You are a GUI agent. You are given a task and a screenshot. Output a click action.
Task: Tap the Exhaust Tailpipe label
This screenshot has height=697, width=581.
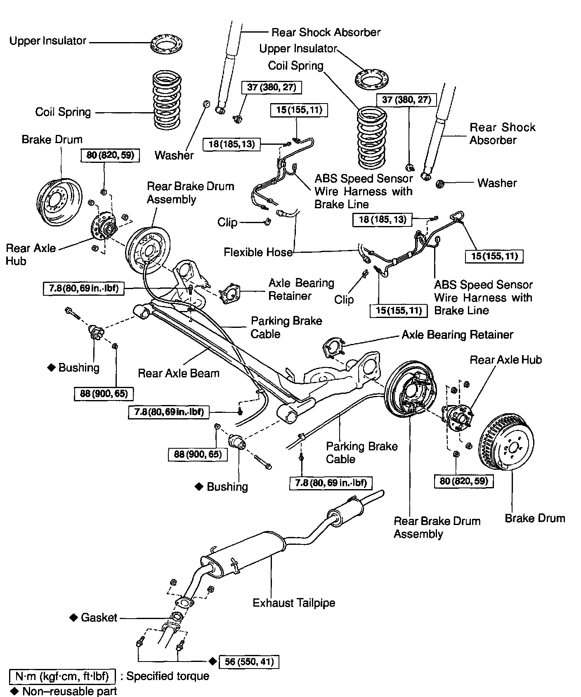[x=294, y=603]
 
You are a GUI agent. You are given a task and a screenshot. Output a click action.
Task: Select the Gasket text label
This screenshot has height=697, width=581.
[x=99, y=617]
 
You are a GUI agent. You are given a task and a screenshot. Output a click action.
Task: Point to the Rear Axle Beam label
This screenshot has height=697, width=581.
[x=178, y=373]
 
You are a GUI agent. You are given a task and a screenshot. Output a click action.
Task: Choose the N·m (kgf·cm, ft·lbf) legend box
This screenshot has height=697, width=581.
[x=62, y=676]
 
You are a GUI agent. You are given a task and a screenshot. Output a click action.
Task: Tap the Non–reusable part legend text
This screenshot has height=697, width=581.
[x=69, y=691]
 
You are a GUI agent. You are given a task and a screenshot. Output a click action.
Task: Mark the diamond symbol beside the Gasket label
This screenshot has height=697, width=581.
[x=73, y=617]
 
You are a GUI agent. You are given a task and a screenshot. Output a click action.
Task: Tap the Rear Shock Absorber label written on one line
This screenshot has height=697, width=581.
[x=326, y=32]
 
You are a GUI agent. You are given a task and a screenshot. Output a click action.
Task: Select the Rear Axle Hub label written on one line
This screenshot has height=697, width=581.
[x=505, y=360]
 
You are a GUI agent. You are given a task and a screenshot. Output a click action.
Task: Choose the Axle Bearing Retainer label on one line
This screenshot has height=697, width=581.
[x=457, y=334]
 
